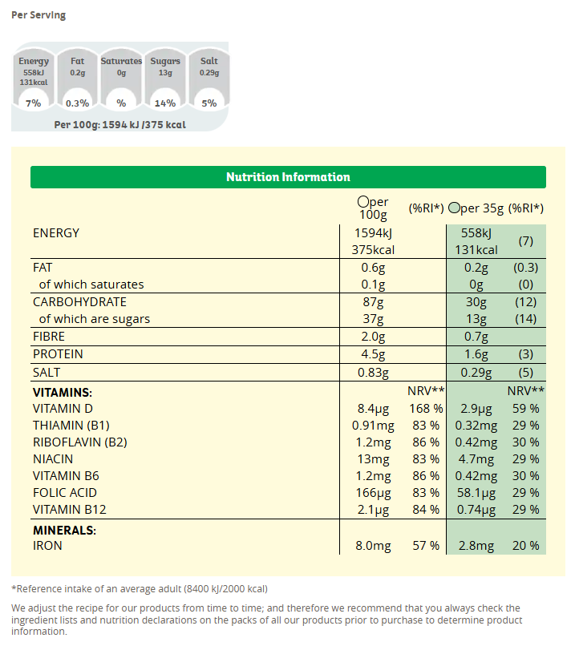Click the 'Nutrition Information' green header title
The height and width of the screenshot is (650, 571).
(x=288, y=177)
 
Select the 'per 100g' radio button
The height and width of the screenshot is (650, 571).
(x=363, y=202)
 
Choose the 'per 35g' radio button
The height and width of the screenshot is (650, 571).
(x=454, y=208)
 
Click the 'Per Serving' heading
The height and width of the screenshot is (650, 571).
(x=38, y=15)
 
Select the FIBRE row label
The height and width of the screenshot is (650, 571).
(x=49, y=337)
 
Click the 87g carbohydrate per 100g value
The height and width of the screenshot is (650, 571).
(x=374, y=302)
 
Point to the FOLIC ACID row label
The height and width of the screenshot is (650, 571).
(x=65, y=493)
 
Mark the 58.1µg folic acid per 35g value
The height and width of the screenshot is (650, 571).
(x=476, y=493)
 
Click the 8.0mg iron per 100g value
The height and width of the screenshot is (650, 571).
(x=373, y=546)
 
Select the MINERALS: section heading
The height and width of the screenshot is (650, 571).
(x=64, y=530)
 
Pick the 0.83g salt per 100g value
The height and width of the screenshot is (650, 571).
(x=373, y=373)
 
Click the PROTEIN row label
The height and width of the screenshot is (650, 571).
(x=58, y=354)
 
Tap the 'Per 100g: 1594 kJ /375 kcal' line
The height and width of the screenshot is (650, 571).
(x=119, y=125)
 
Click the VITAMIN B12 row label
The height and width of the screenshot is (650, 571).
(x=70, y=510)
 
